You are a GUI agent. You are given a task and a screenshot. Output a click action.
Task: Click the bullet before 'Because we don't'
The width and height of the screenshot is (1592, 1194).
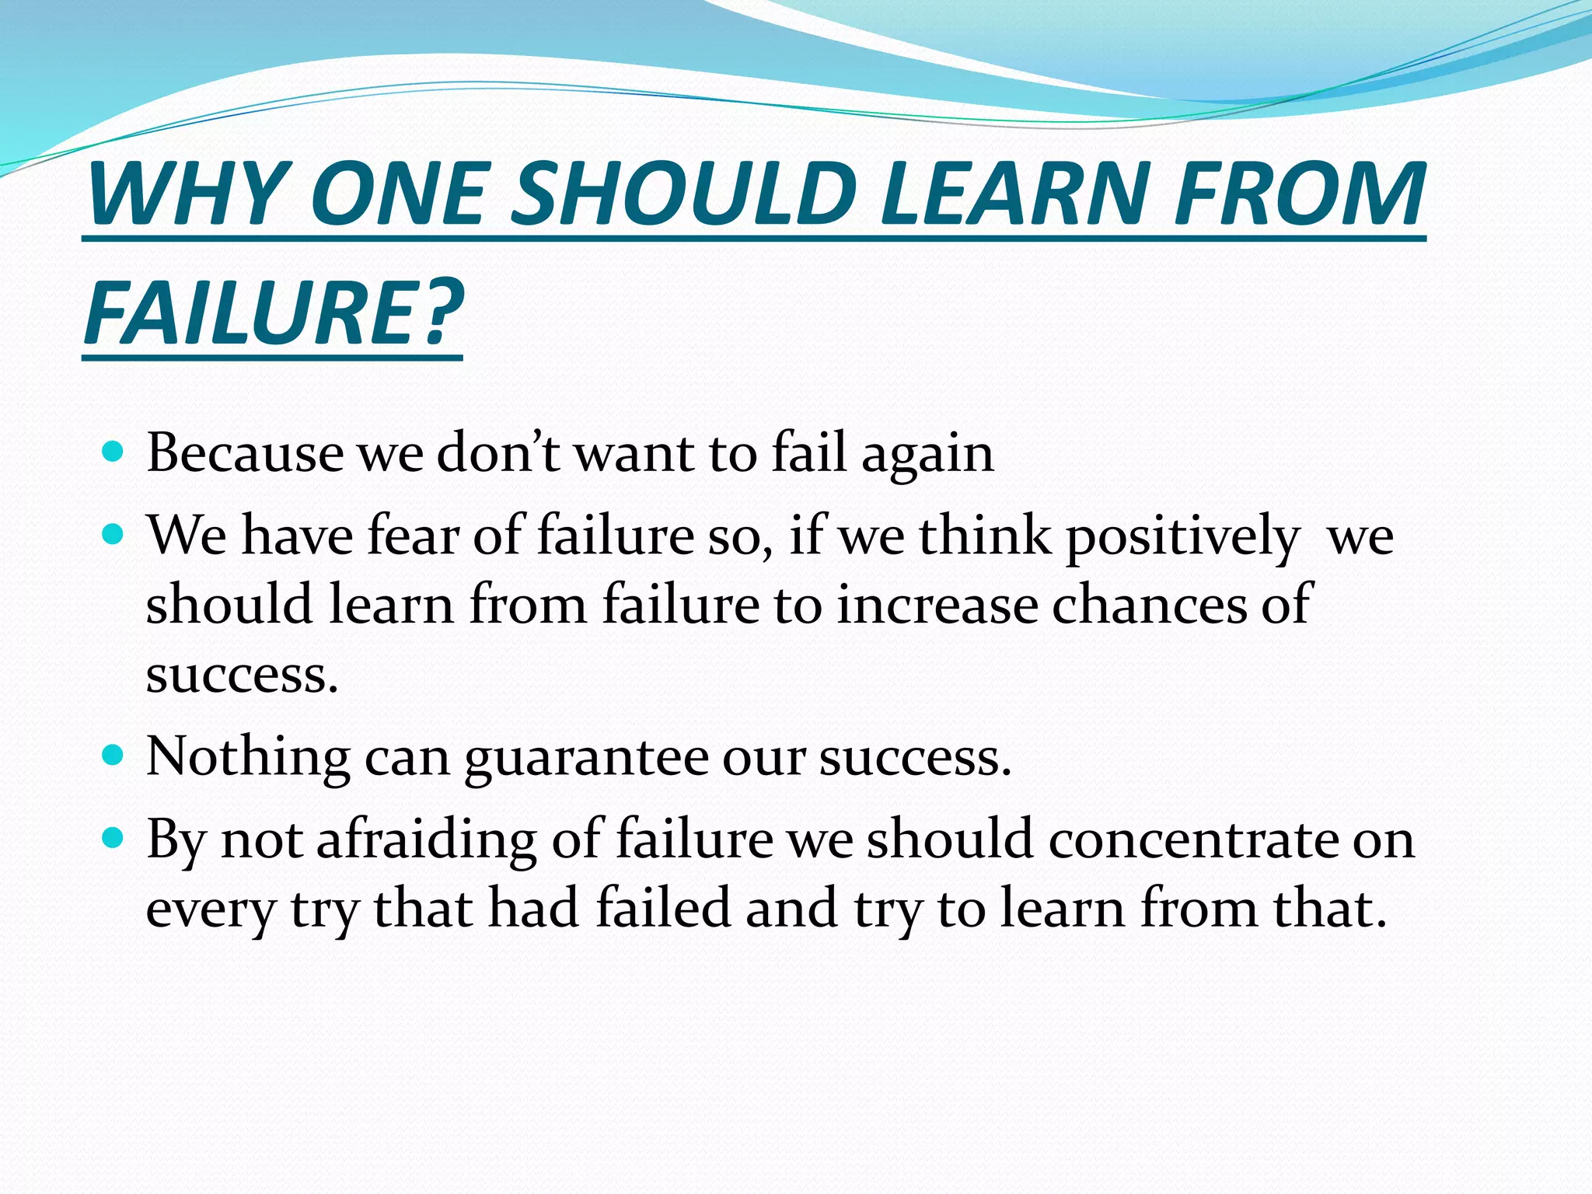coord(113,452)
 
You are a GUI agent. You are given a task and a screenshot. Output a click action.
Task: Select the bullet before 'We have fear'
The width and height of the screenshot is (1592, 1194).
coord(113,535)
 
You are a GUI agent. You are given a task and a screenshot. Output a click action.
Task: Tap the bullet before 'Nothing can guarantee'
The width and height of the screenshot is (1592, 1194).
coord(113,755)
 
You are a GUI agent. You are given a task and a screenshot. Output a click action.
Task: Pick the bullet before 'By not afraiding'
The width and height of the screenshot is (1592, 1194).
coord(113,838)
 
